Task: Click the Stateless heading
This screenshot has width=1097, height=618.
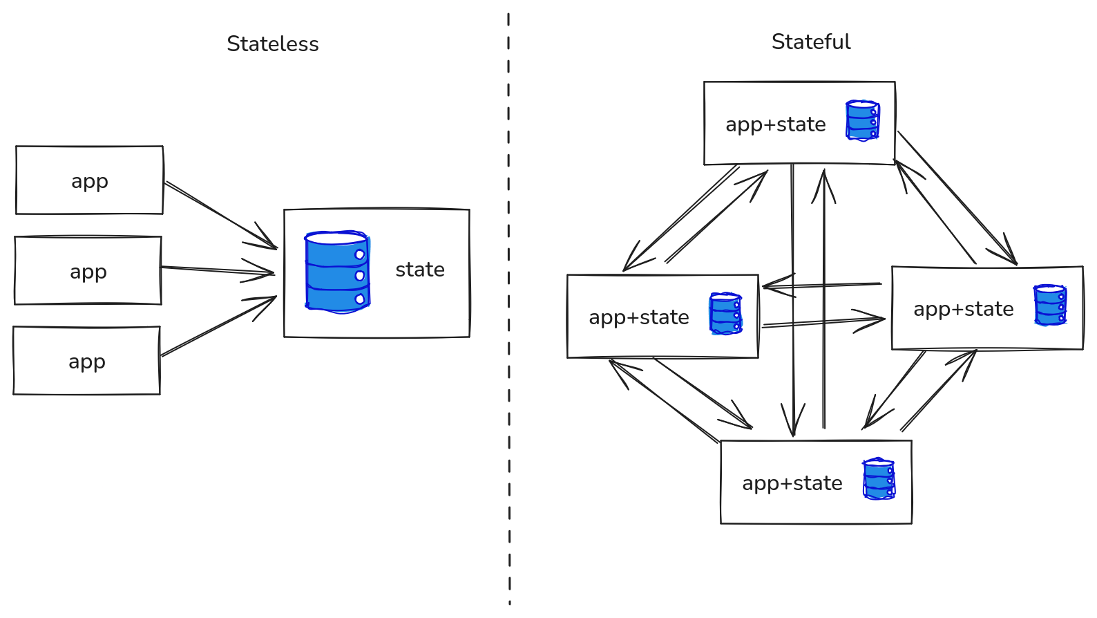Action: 273,44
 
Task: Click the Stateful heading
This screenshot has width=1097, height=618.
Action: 811,42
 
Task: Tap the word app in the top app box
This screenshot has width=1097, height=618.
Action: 90,182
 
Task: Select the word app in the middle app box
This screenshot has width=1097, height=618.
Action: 88,272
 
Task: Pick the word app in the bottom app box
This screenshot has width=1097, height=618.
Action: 86,362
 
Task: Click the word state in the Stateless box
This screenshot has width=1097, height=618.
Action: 420,270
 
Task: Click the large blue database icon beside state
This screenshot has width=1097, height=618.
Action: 337,272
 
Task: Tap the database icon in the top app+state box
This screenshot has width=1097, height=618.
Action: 862,120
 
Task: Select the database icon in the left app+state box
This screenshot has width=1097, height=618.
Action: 726,314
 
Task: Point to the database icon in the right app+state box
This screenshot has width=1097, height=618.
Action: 1050,305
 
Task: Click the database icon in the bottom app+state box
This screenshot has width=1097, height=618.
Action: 879,479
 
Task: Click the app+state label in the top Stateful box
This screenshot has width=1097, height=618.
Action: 776,125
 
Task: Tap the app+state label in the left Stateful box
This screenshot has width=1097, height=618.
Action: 639,317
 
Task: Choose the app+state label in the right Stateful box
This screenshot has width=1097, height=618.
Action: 964,309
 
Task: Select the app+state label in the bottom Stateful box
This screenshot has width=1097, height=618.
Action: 792,484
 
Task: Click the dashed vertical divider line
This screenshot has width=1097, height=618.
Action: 509,309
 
